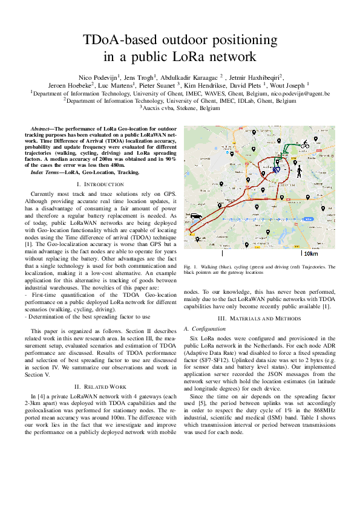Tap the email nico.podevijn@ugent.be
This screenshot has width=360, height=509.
click(300, 94)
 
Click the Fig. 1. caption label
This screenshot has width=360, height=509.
click(191, 267)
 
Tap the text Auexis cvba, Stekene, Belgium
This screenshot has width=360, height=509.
click(180, 108)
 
